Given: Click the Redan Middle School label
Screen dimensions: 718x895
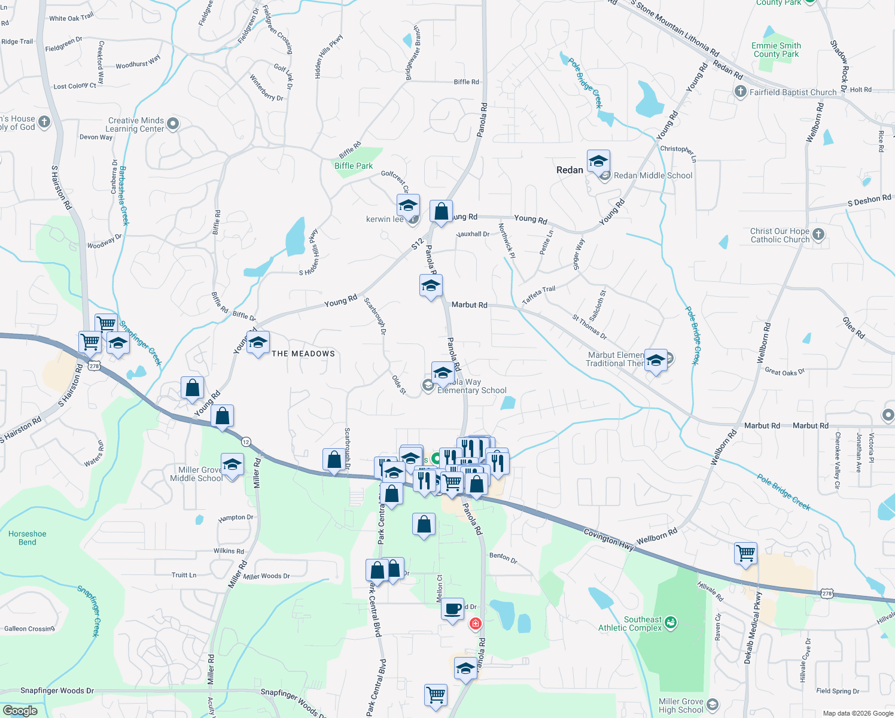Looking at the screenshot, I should coord(653,175).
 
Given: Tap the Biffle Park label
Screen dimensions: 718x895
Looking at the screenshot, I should coord(353,166).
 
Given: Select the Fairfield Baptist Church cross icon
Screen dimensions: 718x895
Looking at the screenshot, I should coord(741,92).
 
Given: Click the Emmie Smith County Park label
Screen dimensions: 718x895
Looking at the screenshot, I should coord(776,50).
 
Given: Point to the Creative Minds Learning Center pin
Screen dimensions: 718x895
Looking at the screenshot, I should coord(173,124).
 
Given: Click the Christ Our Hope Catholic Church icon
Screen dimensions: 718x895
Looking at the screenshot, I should coord(818,235).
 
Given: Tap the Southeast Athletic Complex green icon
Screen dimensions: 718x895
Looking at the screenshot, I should coord(670,623).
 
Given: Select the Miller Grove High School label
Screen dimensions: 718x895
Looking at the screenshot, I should coord(681,705).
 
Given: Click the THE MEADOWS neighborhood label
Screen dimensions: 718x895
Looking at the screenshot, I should coord(303,354).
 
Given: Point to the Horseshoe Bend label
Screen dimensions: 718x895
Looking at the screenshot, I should coord(27,538).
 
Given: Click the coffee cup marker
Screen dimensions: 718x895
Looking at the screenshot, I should coord(453,609).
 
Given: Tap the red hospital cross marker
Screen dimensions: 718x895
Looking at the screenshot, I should coord(475,624).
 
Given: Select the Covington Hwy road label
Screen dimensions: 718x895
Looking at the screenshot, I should coord(608,539).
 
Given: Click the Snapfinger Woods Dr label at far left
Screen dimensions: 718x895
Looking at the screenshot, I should coord(57,690).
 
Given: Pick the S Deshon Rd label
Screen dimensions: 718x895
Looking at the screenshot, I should coord(869,200).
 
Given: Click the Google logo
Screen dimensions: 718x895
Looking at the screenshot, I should coord(20,711).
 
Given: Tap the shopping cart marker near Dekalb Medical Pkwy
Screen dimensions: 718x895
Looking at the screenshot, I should coord(746,553).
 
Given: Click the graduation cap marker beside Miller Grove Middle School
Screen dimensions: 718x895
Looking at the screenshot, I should coord(232,465).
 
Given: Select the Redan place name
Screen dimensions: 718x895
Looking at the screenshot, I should coord(570,170).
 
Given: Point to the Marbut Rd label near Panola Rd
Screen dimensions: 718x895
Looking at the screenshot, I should coord(469,305).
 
